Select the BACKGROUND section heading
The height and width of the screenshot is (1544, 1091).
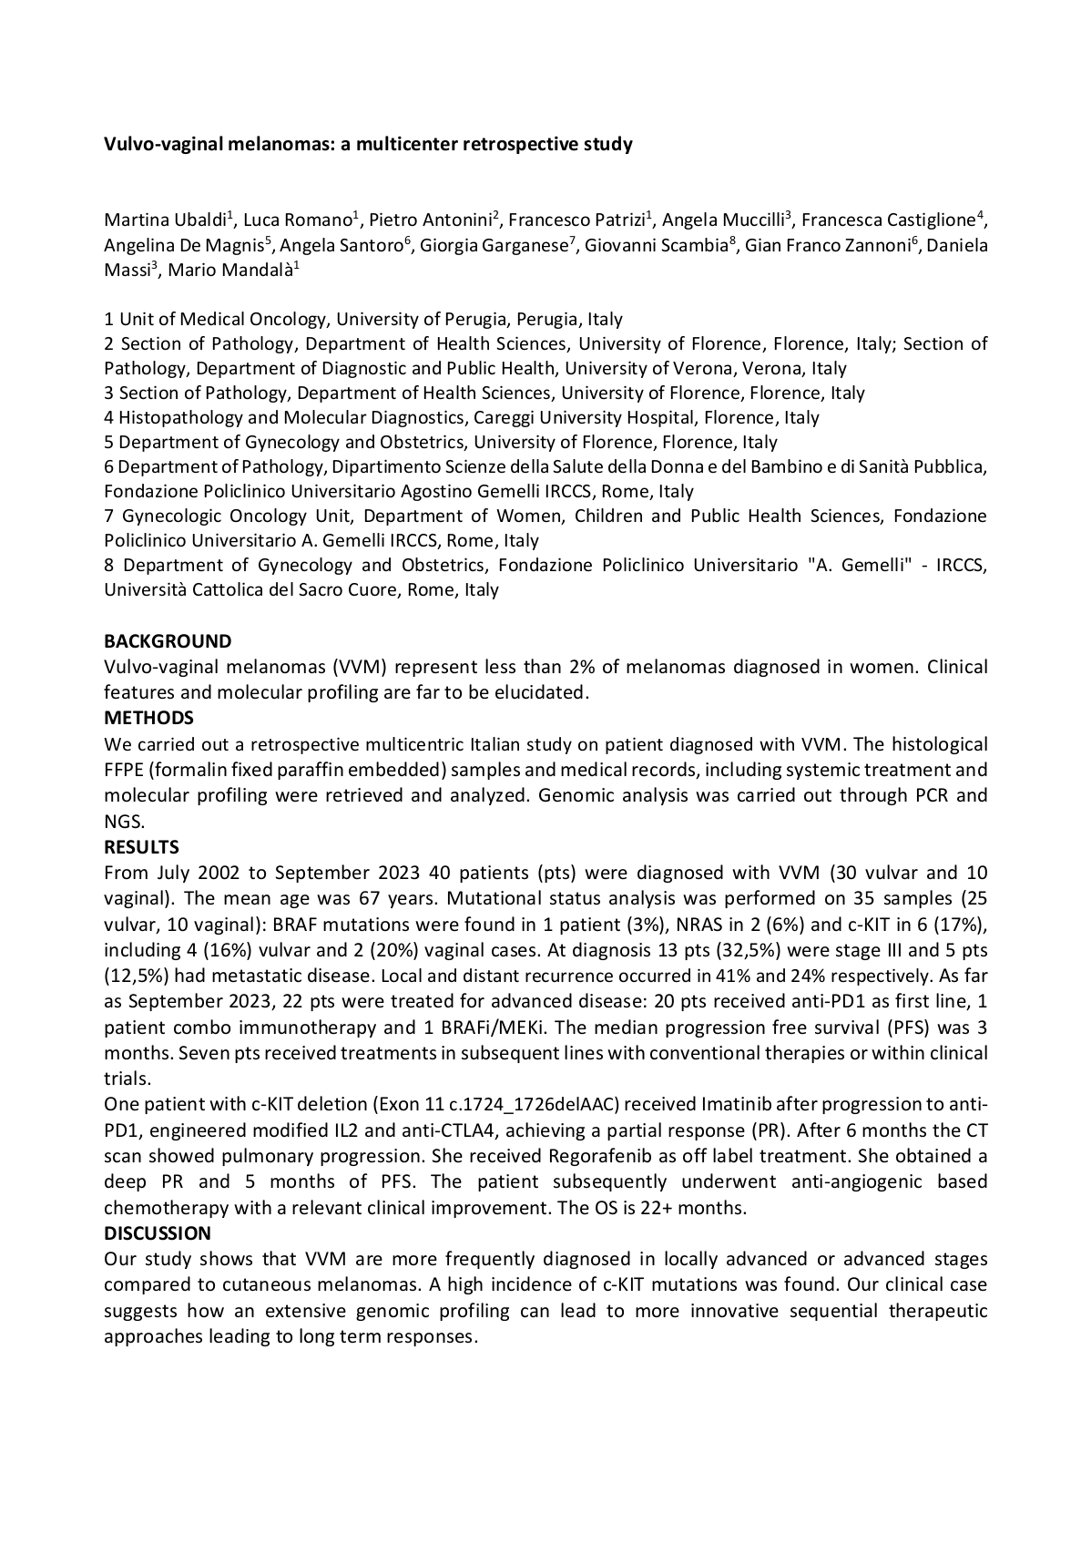pos(168,641)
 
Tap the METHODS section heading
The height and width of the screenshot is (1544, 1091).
pos(148,718)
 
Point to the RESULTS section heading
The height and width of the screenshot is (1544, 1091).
pos(141,847)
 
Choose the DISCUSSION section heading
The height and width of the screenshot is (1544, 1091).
pos(158,1233)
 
